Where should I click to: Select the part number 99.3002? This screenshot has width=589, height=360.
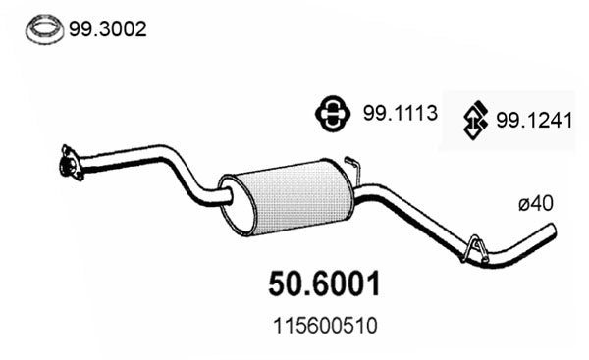pyautogui.click(x=107, y=29)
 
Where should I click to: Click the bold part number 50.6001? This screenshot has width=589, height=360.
pyautogui.click(x=323, y=284)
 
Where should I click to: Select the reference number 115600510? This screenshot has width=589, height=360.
pyautogui.click(x=322, y=323)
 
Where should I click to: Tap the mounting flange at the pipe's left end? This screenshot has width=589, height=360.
pyautogui.click(x=69, y=163)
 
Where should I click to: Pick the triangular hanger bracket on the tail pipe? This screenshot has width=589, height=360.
pyautogui.click(x=475, y=249)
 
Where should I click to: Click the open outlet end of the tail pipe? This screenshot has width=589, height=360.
pyautogui.click(x=553, y=231)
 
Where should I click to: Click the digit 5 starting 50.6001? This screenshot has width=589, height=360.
pyautogui.click(x=277, y=284)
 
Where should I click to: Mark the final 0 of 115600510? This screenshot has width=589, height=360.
pyautogui.click(x=371, y=323)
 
